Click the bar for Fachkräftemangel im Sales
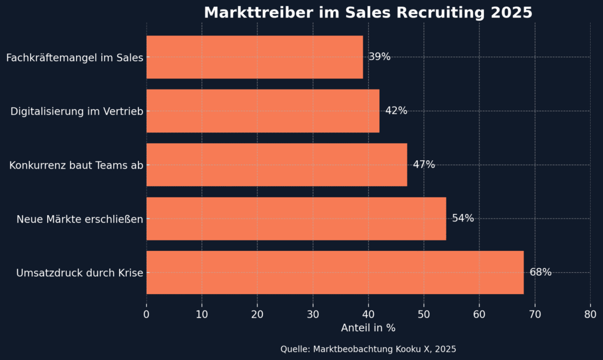click(x=254, y=57)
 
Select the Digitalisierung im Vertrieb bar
click(x=263, y=111)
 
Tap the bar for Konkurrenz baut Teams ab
click(x=277, y=164)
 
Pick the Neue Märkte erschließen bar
click(x=296, y=219)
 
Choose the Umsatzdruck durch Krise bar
click(x=334, y=272)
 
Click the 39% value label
click(x=379, y=57)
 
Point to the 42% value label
click(x=396, y=111)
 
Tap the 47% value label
click(x=423, y=164)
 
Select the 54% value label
click(x=462, y=219)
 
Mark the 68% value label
click(x=540, y=272)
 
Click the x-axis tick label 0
click(x=147, y=314)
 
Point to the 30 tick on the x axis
click(x=313, y=314)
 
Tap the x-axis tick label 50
click(x=424, y=314)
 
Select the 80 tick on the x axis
click(x=590, y=314)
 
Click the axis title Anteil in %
click(x=368, y=328)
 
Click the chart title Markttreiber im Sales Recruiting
click(x=368, y=12)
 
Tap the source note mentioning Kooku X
click(x=368, y=349)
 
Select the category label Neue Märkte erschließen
click(x=80, y=219)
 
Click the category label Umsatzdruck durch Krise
click(x=80, y=273)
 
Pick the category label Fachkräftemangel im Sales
click(x=75, y=58)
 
